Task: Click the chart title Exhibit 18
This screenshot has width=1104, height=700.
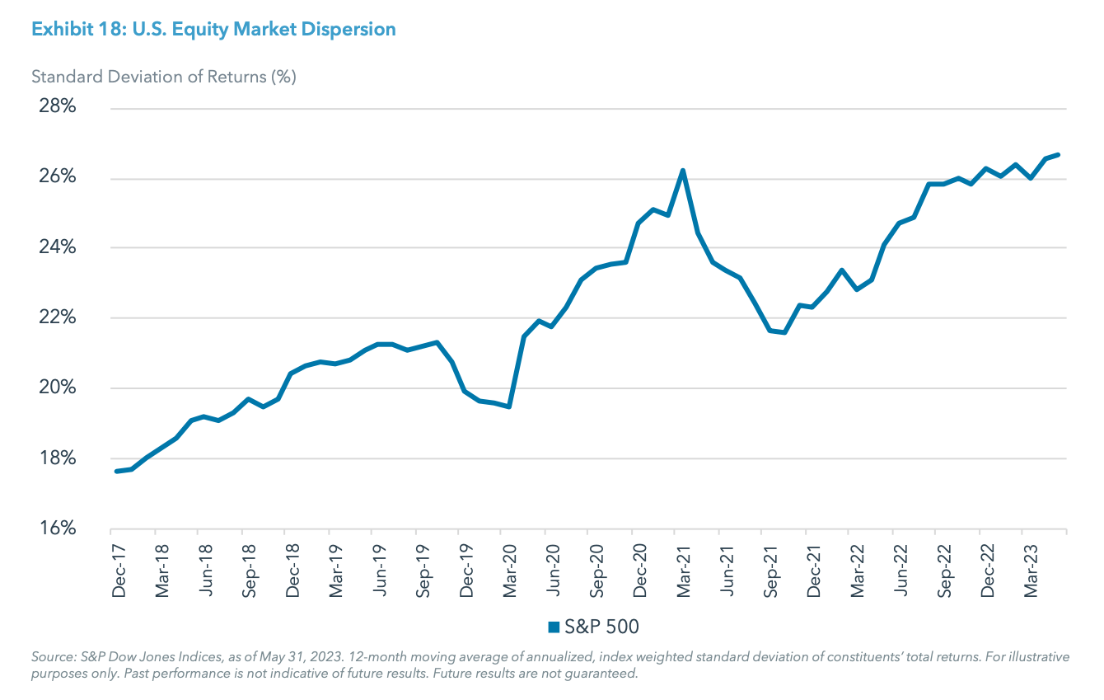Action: pos(213,29)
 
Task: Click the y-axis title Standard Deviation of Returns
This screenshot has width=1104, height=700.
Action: pos(163,77)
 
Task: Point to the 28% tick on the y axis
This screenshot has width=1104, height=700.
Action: pos(57,108)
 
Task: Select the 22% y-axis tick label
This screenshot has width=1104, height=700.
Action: pos(57,318)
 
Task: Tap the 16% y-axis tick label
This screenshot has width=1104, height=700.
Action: pos(57,529)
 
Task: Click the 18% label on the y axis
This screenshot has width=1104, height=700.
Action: pos(57,458)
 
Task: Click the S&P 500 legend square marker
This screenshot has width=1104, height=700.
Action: pos(554,627)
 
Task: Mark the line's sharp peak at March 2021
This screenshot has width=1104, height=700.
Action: pos(683,171)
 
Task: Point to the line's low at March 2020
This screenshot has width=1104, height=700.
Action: pos(509,406)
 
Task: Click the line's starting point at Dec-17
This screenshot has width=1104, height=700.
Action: pos(116,471)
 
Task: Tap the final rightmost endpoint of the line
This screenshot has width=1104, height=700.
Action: pos(1059,154)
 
